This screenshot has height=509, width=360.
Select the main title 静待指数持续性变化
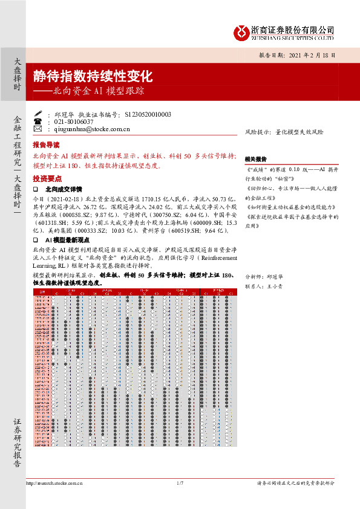click(x=93, y=77)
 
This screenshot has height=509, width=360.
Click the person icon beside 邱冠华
click(x=38, y=114)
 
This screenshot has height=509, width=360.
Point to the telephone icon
click(x=38, y=121)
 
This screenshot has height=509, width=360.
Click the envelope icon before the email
click(x=38, y=129)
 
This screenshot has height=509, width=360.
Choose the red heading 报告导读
click(x=46, y=146)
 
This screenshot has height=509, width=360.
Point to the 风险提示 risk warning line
click(x=284, y=131)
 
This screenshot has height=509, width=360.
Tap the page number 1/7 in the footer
click(x=180, y=484)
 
